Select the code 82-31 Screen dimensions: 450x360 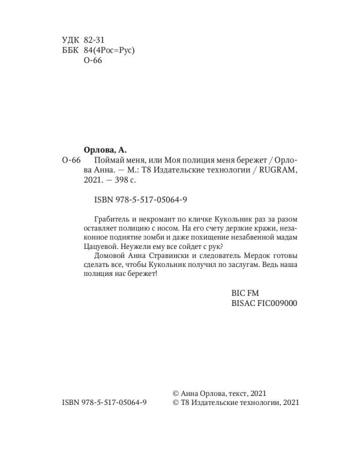coord(95,39)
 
